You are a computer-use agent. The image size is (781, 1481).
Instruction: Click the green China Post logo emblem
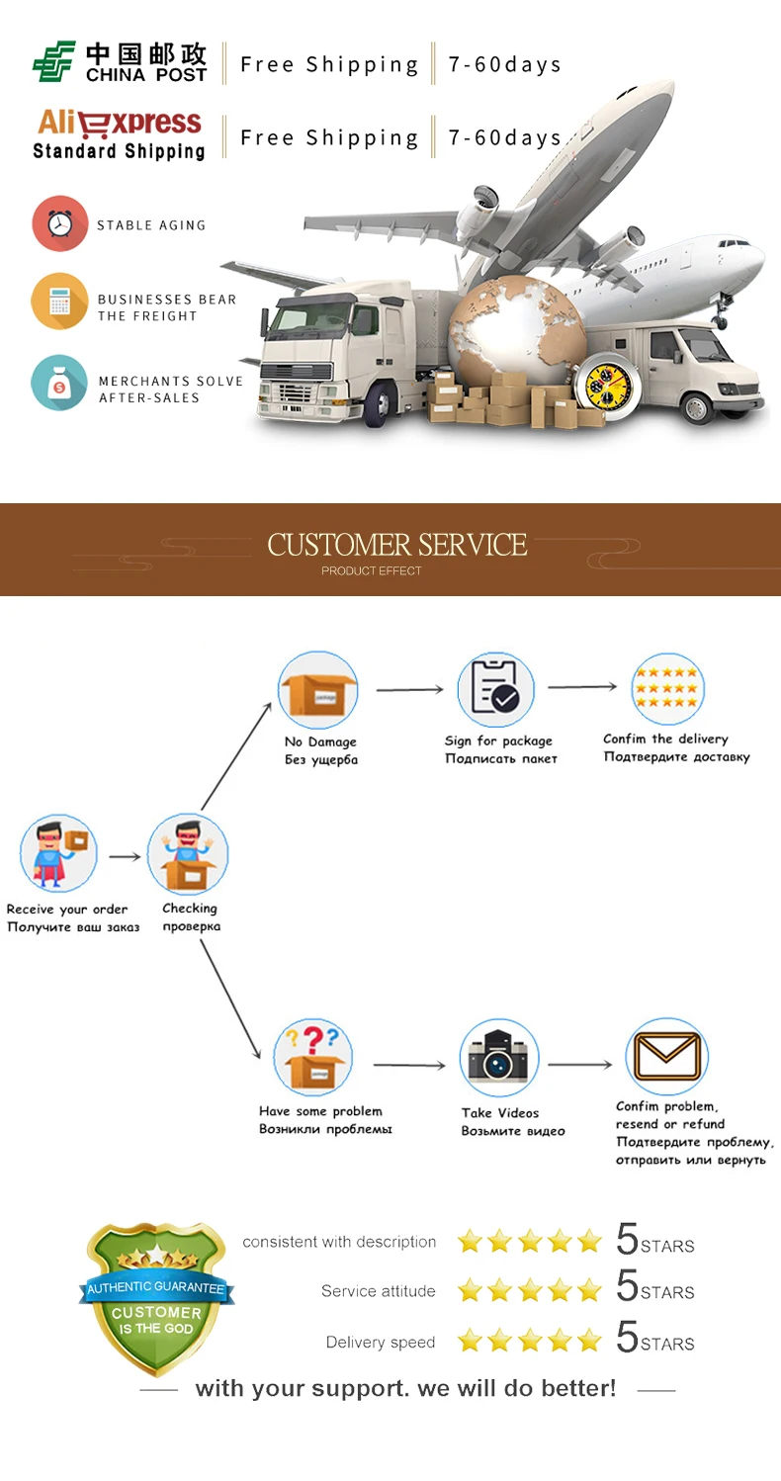click(x=54, y=61)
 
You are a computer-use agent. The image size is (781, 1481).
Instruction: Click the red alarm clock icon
click(x=59, y=223)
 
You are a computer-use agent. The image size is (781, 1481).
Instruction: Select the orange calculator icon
click(x=59, y=302)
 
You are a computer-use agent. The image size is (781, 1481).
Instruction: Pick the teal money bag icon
click(x=59, y=383)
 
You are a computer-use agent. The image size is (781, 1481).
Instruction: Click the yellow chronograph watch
click(x=608, y=387)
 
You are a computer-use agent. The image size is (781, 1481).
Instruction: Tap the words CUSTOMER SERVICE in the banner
click(x=396, y=545)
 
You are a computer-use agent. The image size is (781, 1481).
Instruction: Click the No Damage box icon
click(x=318, y=690)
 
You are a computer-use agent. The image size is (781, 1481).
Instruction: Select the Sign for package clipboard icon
click(x=496, y=689)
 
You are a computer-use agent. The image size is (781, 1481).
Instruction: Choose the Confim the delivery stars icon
click(x=667, y=689)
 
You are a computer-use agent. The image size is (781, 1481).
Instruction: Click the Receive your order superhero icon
click(x=59, y=853)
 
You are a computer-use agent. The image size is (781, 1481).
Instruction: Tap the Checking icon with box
click(x=189, y=854)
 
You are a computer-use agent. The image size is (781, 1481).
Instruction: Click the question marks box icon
click(x=312, y=1057)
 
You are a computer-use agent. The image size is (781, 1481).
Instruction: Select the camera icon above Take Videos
click(x=499, y=1058)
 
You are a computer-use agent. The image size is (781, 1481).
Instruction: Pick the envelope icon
click(x=666, y=1056)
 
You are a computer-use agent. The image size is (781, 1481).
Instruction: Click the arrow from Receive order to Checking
click(x=125, y=857)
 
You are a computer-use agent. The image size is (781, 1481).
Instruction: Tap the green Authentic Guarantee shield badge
click(x=156, y=1298)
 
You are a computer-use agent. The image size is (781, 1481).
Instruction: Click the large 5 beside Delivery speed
click(x=627, y=1337)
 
